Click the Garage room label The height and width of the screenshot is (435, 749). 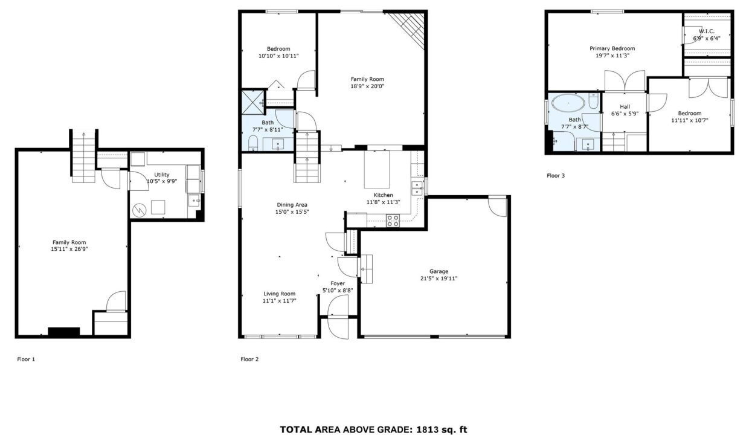pyautogui.click(x=439, y=271)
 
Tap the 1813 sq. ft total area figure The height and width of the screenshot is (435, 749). pyautogui.click(x=441, y=430)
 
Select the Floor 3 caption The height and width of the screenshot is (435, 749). pyautogui.click(x=556, y=176)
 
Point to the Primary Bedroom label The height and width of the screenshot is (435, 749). pyautogui.click(x=612, y=48)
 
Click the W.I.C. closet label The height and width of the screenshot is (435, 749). pyautogui.click(x=707, y=31)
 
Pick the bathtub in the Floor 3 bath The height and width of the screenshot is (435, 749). pyautogui.click(x=568, y=103)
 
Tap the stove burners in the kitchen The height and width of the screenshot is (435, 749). pyautogui.click(x=393, y=221)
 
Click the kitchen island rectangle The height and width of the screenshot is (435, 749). pyautogui.click(x=377, y=170)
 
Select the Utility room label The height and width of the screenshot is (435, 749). pyautogui.click(x=162, y=175)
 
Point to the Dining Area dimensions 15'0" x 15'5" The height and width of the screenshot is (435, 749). pyautogui.click(x=292, y=211)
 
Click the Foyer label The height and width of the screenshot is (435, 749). pyautogui.click(x=338, y=283)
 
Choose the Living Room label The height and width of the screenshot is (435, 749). pyautogui.click(x=280, y=294)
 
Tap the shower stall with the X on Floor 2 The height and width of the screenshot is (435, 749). pyautogui.click(x=252, y=102)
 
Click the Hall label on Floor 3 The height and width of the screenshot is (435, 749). pyautogui.click(x=625, y=107)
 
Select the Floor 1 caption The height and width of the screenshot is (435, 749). pyautogui.click(x=26, y=359)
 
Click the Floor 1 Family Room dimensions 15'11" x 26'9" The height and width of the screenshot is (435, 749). pyautogui.click(x=69, y=249)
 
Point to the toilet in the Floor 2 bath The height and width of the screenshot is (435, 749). pyautogui.click(x=253, y=143)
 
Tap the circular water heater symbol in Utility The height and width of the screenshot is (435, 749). pyautogui.click(x=140, y=210)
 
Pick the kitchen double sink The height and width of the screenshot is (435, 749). pyautogui.click(x=417, y=188)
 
